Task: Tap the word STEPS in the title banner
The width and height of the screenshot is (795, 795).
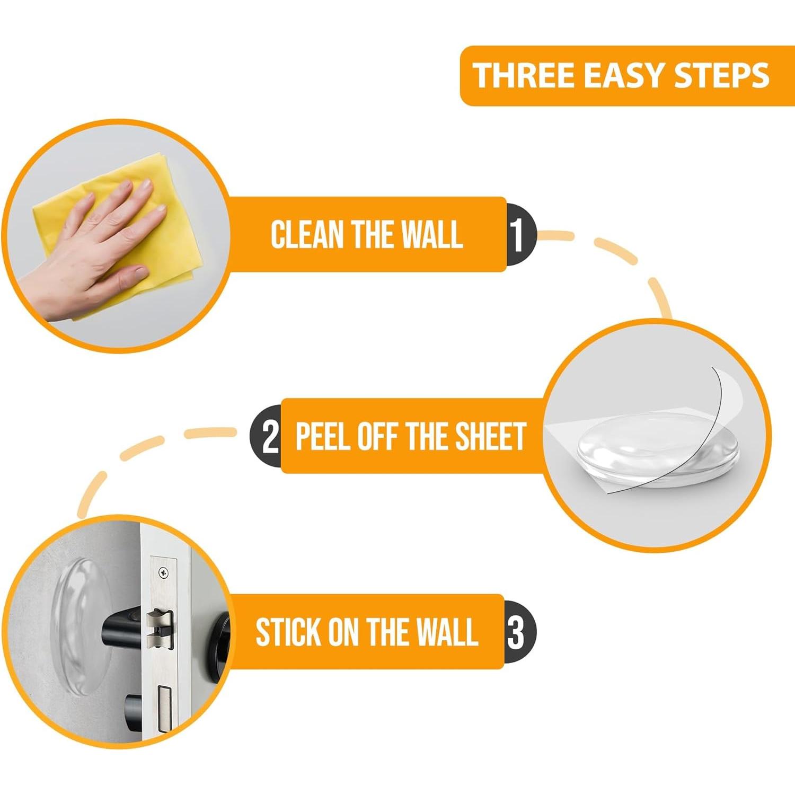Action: (721, 75)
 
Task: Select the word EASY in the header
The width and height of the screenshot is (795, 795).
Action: (625, 75)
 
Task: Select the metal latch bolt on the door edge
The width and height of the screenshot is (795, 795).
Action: (160, 629)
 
